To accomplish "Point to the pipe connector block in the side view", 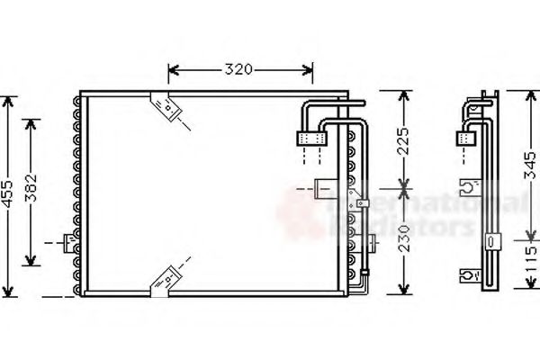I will tap(465, 138).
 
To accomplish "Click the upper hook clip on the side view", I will tap(468, 187).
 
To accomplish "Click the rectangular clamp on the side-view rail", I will tap(491, 241).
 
